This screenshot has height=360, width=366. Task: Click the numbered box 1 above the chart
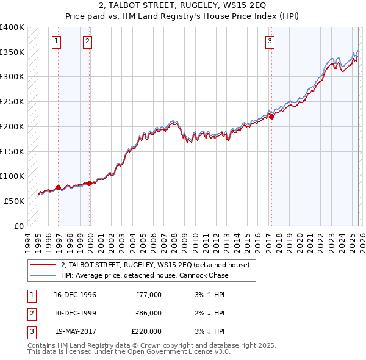[x=56, y=41]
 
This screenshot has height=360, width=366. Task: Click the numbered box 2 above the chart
[x=88, y=41]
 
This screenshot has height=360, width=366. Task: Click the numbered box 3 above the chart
[x=270, y=41]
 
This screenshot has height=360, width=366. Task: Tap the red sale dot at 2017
[x=271, y=117]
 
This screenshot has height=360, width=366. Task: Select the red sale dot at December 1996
[x=59, y=187]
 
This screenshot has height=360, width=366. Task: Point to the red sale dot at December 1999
[x=90, y=182]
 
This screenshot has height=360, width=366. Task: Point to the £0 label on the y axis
[x=20, y=226]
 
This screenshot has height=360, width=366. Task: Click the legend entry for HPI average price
[x=145, y=275]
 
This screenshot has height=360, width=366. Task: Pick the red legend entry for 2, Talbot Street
[x=155, y=265]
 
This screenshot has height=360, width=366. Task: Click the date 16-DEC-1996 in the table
[x=75, y=295]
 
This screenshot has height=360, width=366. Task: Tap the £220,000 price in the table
[x=146, y=331]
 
